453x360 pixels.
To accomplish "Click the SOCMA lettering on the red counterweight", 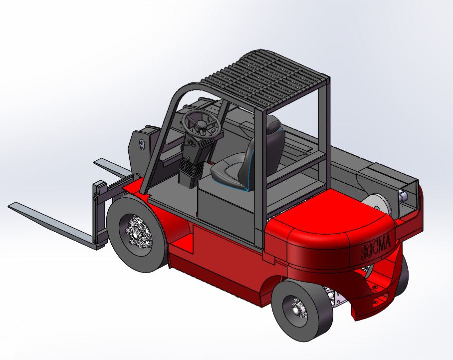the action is [x=376, y=246].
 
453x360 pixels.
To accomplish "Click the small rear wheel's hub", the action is [x=297, y=310].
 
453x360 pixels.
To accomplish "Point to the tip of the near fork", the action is [x=9, y=205].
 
